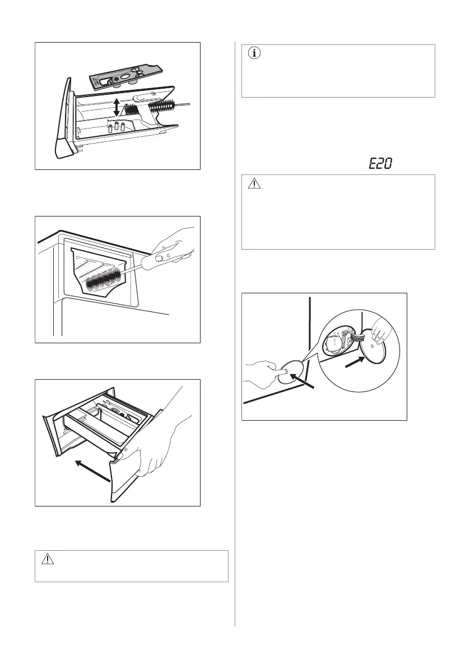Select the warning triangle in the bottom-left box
coord(48,560)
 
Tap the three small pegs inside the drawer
coord(116,127)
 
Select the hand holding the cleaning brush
coord(176,247)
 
